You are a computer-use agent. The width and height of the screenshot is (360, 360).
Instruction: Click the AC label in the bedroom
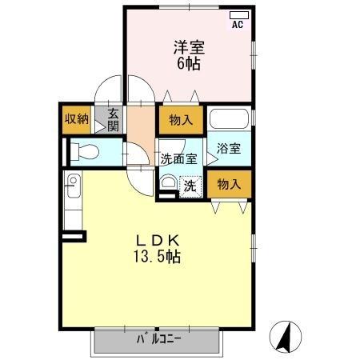237,25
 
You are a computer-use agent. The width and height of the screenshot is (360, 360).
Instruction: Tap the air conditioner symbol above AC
238,15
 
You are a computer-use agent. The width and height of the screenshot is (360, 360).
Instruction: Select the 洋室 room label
188,46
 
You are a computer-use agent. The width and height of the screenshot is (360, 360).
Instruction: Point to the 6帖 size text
188,62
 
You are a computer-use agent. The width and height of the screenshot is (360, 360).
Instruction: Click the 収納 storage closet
76,119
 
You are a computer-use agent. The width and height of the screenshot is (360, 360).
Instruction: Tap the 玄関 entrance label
114,119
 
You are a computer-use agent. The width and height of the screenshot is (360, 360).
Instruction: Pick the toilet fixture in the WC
83,150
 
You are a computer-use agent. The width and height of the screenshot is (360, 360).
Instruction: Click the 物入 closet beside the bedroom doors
181,121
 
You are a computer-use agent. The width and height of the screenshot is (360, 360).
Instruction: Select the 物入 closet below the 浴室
229,184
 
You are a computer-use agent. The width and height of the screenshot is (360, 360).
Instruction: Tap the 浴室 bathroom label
228,149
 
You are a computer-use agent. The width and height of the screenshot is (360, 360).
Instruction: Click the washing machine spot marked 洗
190,186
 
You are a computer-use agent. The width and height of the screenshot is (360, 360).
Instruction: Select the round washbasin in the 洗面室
168,183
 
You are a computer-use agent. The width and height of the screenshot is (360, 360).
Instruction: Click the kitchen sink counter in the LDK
73,201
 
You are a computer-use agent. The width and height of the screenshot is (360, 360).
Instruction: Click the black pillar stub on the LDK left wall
74,235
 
